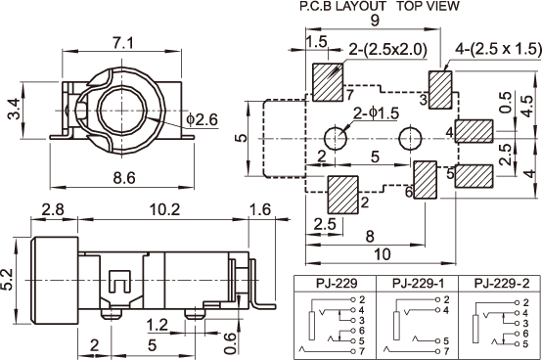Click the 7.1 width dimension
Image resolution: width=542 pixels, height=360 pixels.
[x=122, y=43]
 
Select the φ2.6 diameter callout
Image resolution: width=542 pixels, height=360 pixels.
[x=203, y=119]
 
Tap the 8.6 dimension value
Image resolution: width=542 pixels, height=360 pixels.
[x=124, y=178]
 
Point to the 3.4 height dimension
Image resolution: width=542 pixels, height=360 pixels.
[x=15, y=109]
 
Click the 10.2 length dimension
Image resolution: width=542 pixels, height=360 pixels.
[x=164, y=209]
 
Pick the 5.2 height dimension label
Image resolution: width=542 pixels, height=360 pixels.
[x=7, y=279]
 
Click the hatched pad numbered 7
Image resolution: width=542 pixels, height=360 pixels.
[x=328, y=82]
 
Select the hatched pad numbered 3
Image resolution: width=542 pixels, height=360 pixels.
[x=440, y=90]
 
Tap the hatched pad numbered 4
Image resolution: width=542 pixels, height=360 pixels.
[x=474, y=131]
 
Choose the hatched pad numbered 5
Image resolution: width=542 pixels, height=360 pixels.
[x=474, y=176]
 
